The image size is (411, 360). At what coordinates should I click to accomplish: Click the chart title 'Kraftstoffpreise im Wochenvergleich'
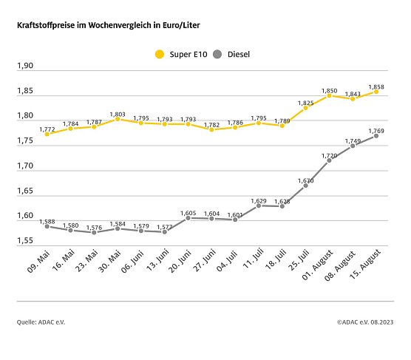pos(109,25)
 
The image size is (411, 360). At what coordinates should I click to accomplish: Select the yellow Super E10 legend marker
pos(159,54)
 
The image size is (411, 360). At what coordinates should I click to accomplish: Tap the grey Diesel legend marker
pos(217,54)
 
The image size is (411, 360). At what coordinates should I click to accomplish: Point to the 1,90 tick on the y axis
pos(25,67)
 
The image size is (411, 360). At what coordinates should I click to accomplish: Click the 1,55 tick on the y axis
pos(25,242)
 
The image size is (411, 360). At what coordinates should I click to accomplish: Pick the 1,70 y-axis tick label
pos(25,166)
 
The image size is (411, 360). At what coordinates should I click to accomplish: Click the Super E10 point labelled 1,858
pos(376,92)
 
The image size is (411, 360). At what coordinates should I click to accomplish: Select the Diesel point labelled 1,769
pos(376,136)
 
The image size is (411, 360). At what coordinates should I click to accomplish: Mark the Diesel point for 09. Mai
pos(47,226)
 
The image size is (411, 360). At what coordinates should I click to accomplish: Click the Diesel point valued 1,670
pos(305,186)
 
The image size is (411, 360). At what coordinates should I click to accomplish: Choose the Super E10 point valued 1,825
pos(305,108)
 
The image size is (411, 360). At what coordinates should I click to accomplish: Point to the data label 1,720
pos(329,154)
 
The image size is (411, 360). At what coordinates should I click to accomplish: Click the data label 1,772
pos(47,129)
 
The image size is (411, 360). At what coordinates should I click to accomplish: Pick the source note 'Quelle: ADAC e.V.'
pos(39,322)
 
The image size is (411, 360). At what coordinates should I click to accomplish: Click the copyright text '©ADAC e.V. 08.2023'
pos(365,322)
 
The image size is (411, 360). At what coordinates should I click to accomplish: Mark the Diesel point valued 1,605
pos(188,218)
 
